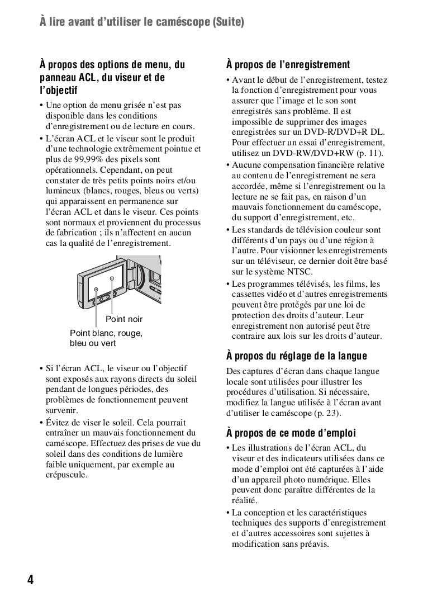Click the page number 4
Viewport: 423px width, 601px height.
tap(30, 579)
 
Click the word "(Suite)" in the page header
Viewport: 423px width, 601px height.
tap(227, 22)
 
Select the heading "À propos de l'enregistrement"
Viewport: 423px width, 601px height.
tap(288, 65)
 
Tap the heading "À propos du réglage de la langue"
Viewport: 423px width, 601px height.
tap(297, 356)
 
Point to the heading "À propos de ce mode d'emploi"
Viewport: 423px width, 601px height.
tap(291, 433)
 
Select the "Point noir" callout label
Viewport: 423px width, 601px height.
tap(124, 319)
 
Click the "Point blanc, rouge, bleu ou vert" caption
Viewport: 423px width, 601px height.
tap(106, 338)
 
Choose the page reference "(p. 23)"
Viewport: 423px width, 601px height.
tap(325, 413)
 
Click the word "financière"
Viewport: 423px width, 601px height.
tap(336, 165)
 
